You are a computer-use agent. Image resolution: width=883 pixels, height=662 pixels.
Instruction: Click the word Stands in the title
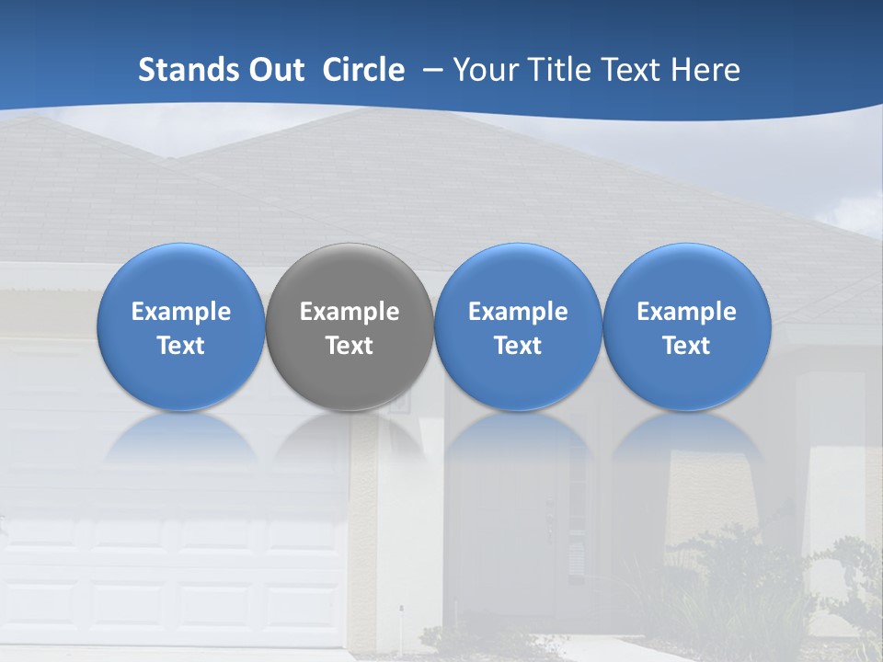188,70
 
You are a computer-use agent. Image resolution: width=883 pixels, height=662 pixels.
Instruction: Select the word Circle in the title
363,70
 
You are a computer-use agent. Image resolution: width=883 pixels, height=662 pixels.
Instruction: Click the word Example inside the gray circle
350,312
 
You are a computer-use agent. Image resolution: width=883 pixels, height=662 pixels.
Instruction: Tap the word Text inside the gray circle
350,346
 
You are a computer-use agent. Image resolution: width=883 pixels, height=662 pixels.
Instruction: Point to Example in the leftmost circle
180,312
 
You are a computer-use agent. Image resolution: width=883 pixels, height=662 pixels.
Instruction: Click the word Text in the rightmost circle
687,346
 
